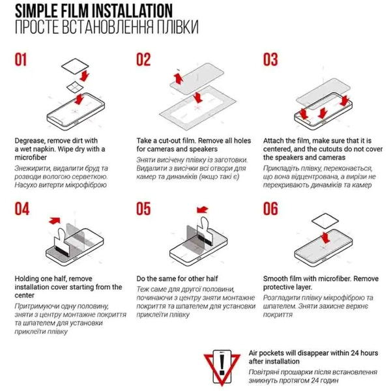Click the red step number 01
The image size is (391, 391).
point(21,59)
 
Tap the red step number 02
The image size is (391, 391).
point(143,59)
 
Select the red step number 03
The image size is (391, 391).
point(270,59)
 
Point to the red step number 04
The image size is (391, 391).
point(22,209)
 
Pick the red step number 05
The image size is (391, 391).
point(143,209)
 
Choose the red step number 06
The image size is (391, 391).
point(270,209)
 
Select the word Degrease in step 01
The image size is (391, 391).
point(29,141)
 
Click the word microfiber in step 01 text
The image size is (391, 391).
point(31,158)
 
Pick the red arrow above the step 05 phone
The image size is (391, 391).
point(203,210)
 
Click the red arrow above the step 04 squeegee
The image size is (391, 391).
point(55,221)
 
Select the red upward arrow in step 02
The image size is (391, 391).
point(179,78)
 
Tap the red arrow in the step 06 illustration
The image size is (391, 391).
point(325,238)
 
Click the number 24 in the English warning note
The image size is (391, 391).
point(355,353)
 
